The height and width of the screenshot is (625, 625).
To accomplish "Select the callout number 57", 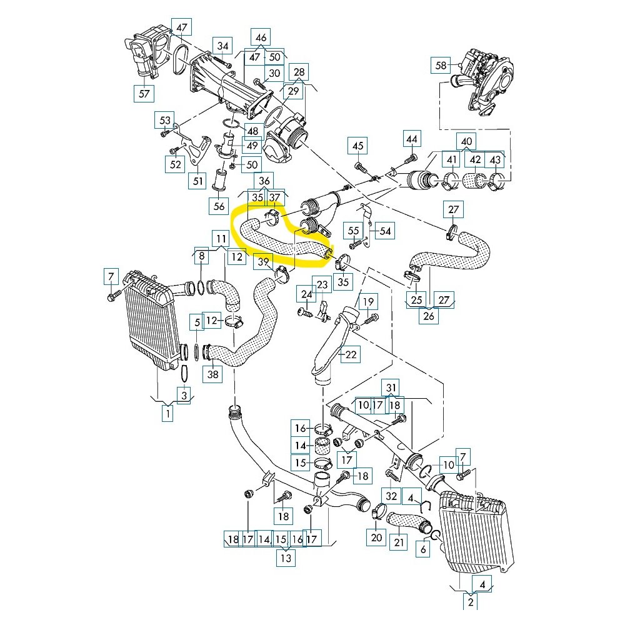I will tap(145, 94).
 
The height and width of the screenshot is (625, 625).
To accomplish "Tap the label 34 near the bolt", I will tap(223, 46).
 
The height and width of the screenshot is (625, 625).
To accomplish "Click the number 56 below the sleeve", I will tap(219, 206).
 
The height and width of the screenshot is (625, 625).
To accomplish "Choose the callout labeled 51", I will tap(198, 181).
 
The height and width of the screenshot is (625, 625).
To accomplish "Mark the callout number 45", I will tap(357, 146).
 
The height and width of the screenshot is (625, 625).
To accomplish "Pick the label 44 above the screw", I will tap(411, 138).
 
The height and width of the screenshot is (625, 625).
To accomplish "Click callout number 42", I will tap(476, 160).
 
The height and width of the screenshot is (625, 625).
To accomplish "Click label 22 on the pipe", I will tap(351, 354).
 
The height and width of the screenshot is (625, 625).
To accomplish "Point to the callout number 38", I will tap(214, 374).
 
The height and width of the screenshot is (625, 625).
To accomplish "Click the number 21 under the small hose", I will tap(397, 542).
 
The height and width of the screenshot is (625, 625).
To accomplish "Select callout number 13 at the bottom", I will tap(286, 559).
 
